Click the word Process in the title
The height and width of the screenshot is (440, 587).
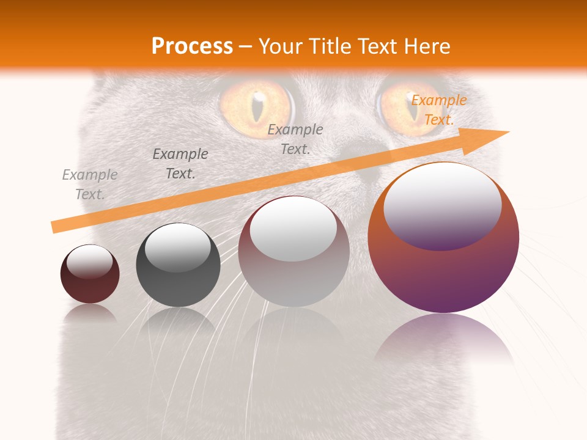point(192,46)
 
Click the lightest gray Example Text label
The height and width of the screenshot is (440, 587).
point(89,185)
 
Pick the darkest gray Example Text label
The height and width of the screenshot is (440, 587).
point(180,164)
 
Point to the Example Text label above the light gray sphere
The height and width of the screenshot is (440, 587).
point(295,139)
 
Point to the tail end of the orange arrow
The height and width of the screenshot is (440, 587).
point(56,227)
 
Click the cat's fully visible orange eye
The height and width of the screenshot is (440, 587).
point(257,107)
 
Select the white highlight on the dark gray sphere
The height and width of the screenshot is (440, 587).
point(177,248)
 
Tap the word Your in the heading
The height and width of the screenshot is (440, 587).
point(281,46)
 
